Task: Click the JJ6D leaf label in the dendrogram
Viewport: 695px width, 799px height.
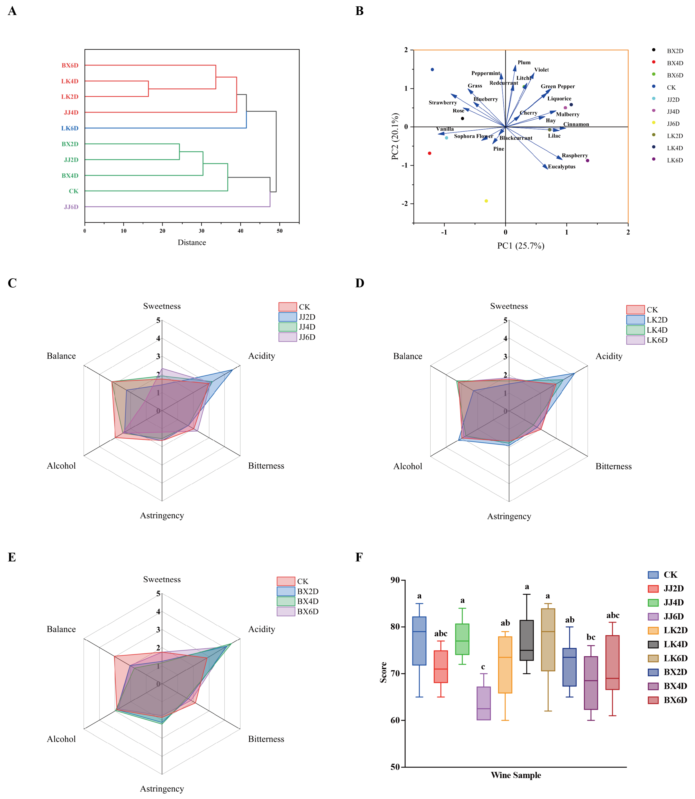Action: (x=71, y=207)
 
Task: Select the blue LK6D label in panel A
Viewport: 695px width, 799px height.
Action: (x=70, y=128)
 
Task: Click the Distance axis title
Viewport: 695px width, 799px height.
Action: (x=192, y=243)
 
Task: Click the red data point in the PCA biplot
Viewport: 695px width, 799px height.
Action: (x=429, y=153)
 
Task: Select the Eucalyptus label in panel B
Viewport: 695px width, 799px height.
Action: (x=561, y=167)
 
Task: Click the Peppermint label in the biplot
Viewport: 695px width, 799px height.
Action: (x=486, y=73)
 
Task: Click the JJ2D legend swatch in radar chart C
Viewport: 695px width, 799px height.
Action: (x=287, y=317)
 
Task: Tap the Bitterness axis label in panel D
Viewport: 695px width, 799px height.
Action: (x=613, y=466)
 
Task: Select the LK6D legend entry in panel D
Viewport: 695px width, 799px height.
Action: (x=657, y=340)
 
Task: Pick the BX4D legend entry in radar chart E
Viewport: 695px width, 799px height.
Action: (x=308, y=601)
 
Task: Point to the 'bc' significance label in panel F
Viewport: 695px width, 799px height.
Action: (x=591, y=637)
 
